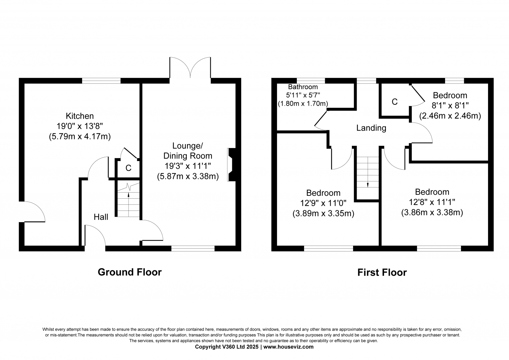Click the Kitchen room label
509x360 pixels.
pyautogui.click(x=80, y=116)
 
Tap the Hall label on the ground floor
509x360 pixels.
pyautogui.click(x=101, y=217)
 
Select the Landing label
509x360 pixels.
pyautogui.click(x=371, y=128)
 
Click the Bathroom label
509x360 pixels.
pyautogui.click(x=303, y=87)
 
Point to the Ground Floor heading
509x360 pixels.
pyautogui.click(x=129, y=272)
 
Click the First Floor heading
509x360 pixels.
pyautogui.click(x=382, y=272)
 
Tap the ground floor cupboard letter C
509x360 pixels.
pyautogui.click(x=129, y=168)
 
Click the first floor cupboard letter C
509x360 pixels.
pyautogui.click(x=395, y=102)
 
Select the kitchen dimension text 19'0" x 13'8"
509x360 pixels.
pyautogui.click(x=80, y=126)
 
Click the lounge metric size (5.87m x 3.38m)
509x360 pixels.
pyautogui.click(x=188, y=176)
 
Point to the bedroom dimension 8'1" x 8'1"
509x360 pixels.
pyautogui.click(x=450, y=106)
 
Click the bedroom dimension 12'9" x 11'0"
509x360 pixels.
pyautogui.click(x=323, y=203)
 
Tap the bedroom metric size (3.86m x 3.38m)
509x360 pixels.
pyautogui.click(x=432, y=212)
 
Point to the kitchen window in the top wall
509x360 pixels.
pyautogui.click(x=101, y=81)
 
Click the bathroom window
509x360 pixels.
pyautogui.click(x=311, y=81)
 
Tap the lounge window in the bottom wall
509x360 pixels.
pyautogui.click(x=193, y=248)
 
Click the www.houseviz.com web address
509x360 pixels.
pyautogui.click(x=288, y=347)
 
